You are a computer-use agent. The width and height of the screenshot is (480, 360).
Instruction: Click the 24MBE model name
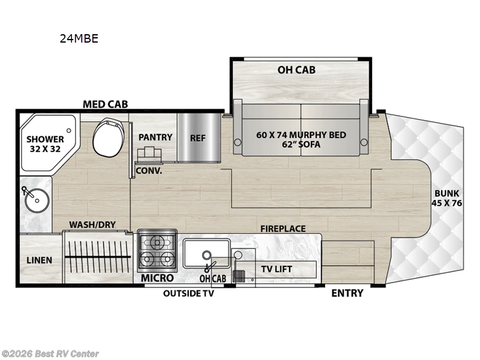click(79, 39)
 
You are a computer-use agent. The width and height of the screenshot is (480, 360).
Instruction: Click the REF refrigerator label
click(197, 137)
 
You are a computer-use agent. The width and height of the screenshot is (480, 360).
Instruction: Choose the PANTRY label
click(155, 137)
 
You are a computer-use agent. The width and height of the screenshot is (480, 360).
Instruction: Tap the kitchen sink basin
click(206, 253)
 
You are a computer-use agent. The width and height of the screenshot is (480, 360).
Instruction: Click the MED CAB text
click(105, 105)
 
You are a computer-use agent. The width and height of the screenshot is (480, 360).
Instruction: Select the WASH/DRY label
click(92, 225)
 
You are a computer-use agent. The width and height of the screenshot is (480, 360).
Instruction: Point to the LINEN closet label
click(39, 260)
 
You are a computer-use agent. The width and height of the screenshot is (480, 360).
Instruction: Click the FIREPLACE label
click(283, 229)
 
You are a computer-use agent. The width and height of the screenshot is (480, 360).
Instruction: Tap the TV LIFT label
click(276, 269)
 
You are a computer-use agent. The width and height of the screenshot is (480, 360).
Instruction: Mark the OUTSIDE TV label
click(188, 293)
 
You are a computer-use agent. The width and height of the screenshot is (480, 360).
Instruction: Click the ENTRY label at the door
click(347, 293)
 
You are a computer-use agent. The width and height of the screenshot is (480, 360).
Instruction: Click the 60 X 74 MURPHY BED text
click(301, 134)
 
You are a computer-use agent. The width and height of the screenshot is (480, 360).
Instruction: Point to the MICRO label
click(157, 278)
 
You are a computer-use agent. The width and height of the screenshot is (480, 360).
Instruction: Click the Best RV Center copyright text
click(50, 354)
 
